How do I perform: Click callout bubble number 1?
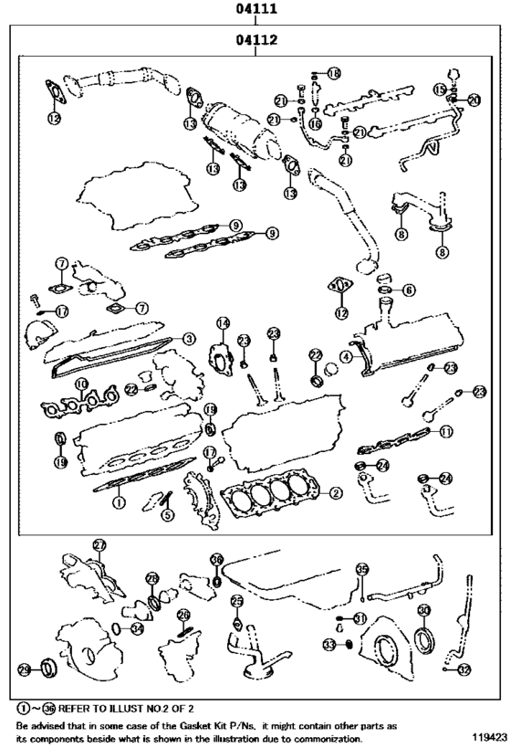pyautogui.click(x=118, y=501)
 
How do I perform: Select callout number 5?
pyautogui.click(x=167, y=514)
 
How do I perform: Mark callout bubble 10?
pyautogui.click(x=82, y=385)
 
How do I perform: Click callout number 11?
pyautogui.click(x=445, y=430)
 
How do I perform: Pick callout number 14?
pyautogui.click(x=223, y=322)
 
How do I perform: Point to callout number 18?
pyautogui.click(x=333, y=72)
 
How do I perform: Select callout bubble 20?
pyautogui.click(x=474, y=99)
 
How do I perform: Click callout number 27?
pyautogui.click(x=99, y=544)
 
